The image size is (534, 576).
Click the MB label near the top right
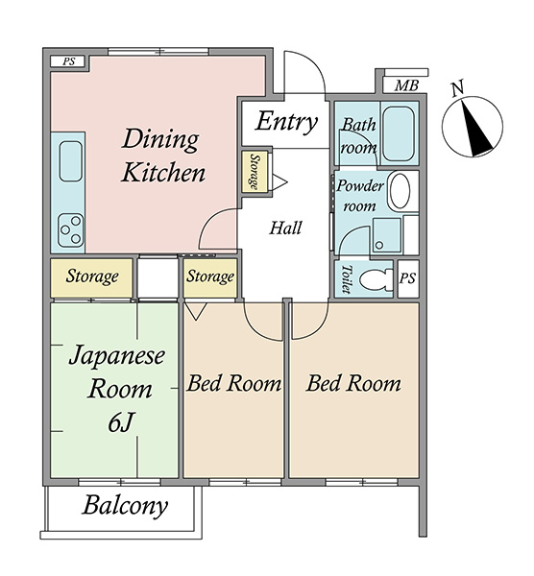[x=406, y=85]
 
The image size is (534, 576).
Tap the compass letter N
[x=457, y=88]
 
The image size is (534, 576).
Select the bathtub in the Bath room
[x=399, y=133]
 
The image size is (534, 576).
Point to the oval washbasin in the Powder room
[x=400, y=191]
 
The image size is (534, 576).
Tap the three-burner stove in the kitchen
[x=71, y=230]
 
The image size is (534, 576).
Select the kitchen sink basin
[x=70, y=161]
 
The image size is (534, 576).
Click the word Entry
[x=286, y=122]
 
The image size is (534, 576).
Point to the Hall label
[x=285, y=228]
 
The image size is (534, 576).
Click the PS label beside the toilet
[x=407, y=278]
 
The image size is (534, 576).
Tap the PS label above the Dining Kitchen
[x=68, y=61]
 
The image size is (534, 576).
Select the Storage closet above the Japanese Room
[x=91, y=277]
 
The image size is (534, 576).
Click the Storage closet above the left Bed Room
[x=210, y=277]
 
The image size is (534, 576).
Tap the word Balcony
[x=125, y=507]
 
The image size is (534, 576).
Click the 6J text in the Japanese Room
[x=120, y=422]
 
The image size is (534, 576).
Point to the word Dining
[x=160, y=140]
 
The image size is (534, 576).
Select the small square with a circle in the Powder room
[x=387, y=235]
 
